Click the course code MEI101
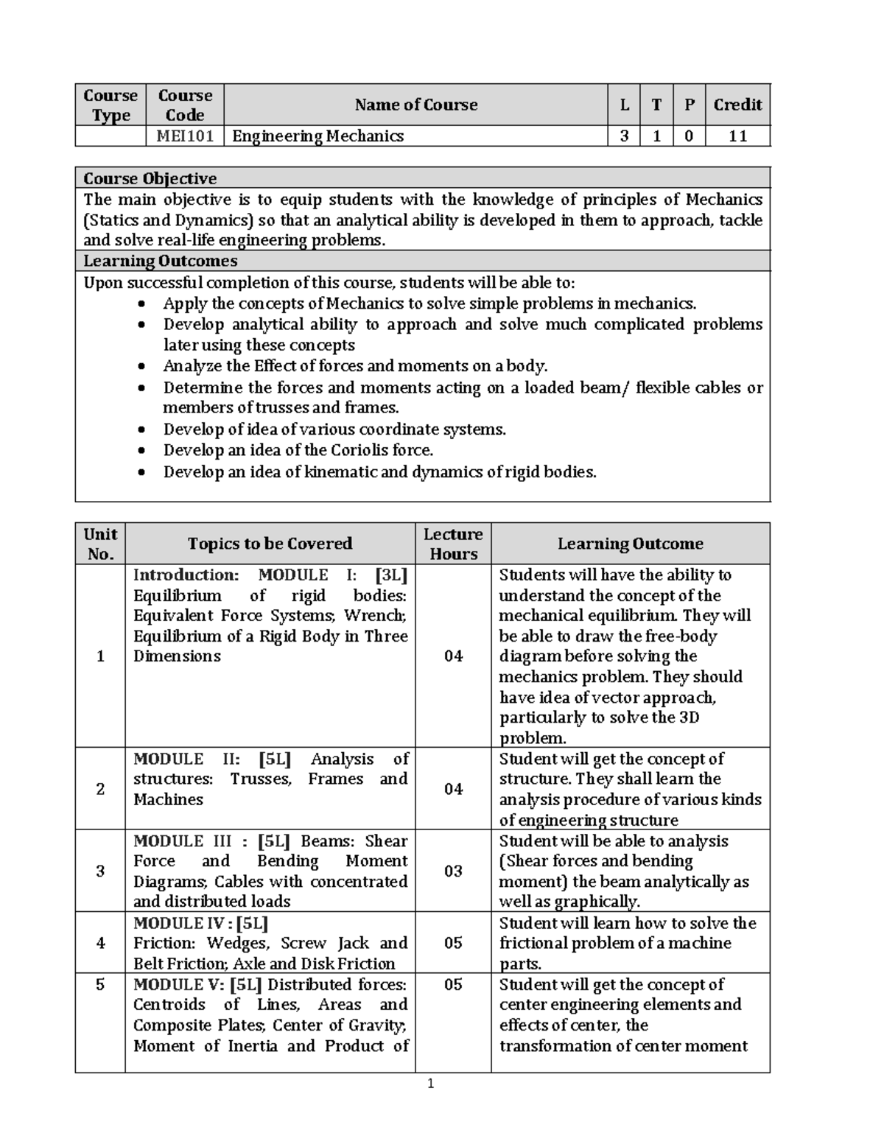point(185,136)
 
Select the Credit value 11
point(737,136)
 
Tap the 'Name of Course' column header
point(415,105)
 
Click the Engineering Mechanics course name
point(318,136)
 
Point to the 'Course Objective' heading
point(150,178)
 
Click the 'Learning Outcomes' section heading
point(160,261)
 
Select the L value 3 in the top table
point(624,136)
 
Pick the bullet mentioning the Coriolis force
point(298,450)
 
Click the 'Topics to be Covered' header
point(270,544)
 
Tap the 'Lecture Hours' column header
point(453,544)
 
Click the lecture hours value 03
point(453,871)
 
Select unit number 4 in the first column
point(100,943)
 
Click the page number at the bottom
point(432,1083)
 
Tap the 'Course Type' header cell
point(110,105)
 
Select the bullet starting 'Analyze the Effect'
point(355,366)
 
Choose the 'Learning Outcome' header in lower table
point(630,544)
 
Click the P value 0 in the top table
point(689,136)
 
